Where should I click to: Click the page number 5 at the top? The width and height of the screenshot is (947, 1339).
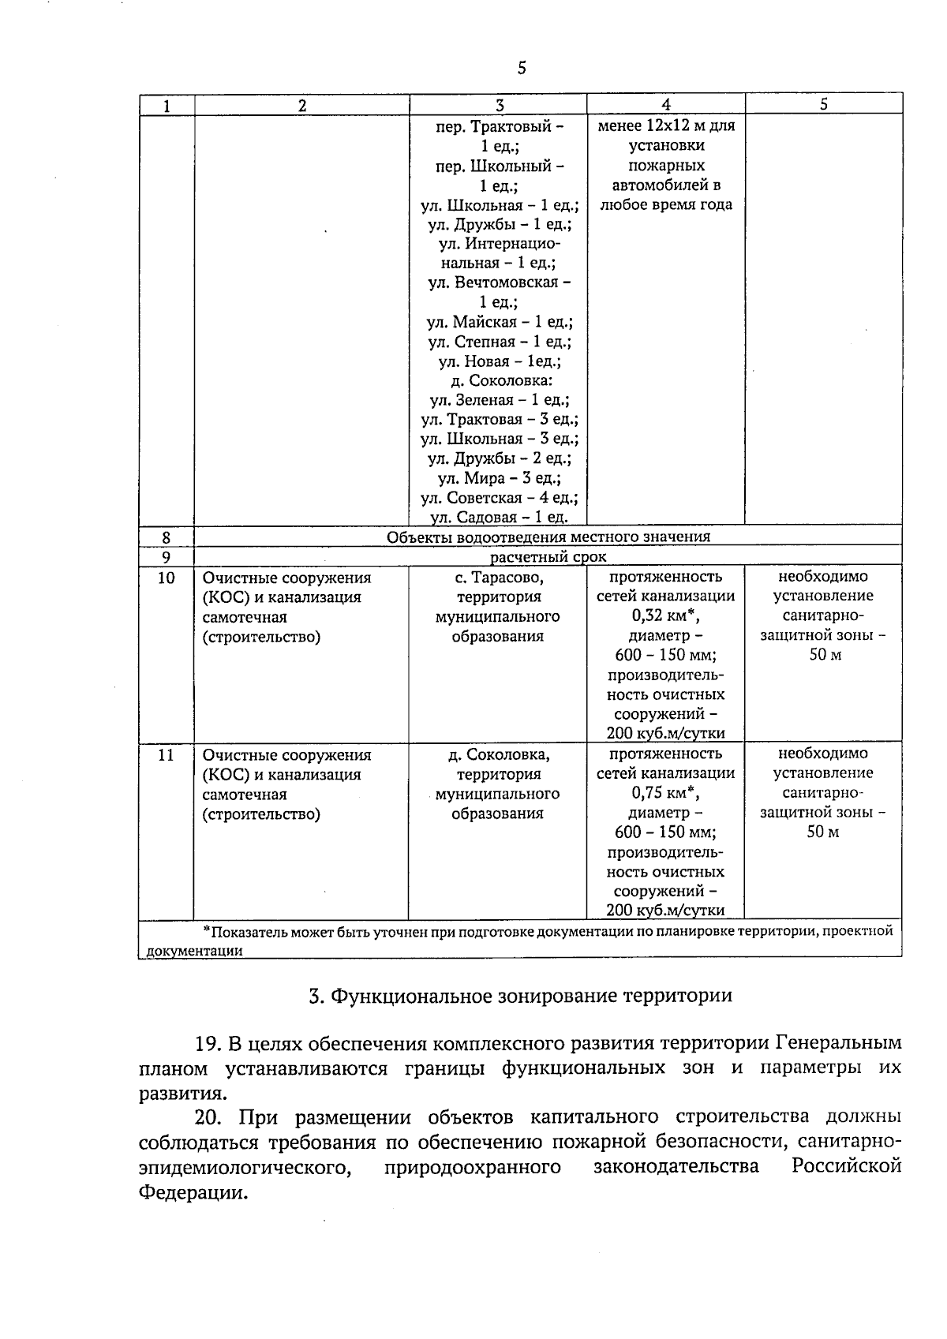tap(522, 68)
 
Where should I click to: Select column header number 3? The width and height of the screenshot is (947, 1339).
tap(499, 105)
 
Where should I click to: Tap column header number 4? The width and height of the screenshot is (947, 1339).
tap(666, 104)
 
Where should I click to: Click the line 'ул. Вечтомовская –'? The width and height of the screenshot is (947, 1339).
tap(499, 282)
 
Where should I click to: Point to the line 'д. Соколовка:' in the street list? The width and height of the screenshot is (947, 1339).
tap(499, 380)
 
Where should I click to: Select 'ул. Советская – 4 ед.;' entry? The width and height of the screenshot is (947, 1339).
tap(499, 498)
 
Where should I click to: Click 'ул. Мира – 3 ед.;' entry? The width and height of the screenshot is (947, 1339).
tap(499, 478)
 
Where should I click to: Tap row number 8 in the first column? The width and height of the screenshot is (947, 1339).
tap(167, 537)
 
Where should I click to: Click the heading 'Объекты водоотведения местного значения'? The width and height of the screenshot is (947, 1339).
tap(548, 537)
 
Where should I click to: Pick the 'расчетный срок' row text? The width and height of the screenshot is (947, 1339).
tap(548, 557)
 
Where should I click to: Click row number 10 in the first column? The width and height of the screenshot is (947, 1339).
tap(166, 578)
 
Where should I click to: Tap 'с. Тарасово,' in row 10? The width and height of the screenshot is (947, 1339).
tap(499, 578)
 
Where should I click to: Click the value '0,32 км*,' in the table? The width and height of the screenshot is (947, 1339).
tap(665, 616)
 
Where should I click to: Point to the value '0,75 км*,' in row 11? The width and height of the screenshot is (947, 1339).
tap(665, 794)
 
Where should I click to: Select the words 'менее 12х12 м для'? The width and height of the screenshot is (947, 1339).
tap(666, 126)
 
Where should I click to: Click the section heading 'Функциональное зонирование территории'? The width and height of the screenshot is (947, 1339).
tap(521, 996)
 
